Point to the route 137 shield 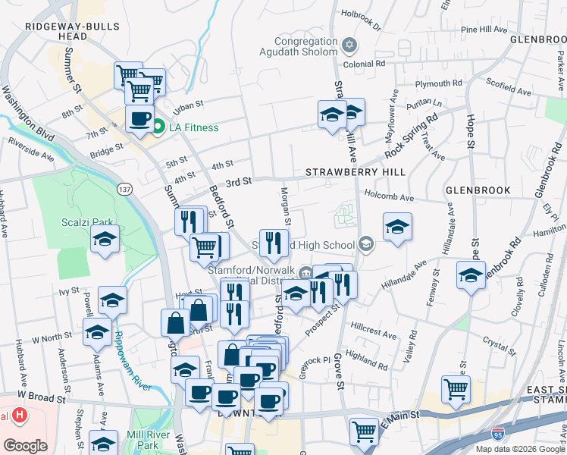[125, 187]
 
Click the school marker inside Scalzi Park [105, 239]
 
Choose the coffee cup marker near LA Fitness [139, 119]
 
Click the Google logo [25, 446]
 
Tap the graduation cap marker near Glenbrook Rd [471, 275]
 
